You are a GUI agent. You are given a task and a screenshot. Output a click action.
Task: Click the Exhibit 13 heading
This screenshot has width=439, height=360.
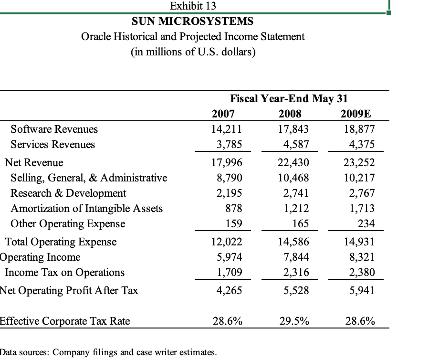point(193,6)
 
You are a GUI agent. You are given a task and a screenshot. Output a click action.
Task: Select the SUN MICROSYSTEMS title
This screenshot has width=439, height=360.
point(192,21)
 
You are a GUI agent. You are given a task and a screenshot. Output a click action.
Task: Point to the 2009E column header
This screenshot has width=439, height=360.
point(355,114)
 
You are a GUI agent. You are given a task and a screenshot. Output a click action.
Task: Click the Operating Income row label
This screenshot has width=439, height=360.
point(41,257)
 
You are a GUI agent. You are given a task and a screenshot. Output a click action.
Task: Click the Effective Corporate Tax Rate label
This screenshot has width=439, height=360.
point(65,321)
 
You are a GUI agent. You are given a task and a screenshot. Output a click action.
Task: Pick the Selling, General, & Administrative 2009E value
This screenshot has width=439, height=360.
point(359,178)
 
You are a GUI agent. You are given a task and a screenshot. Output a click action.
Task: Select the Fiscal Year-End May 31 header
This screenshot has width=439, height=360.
point(289,99)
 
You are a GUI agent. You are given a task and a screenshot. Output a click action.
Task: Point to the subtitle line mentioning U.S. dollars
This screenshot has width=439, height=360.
point(193,52)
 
